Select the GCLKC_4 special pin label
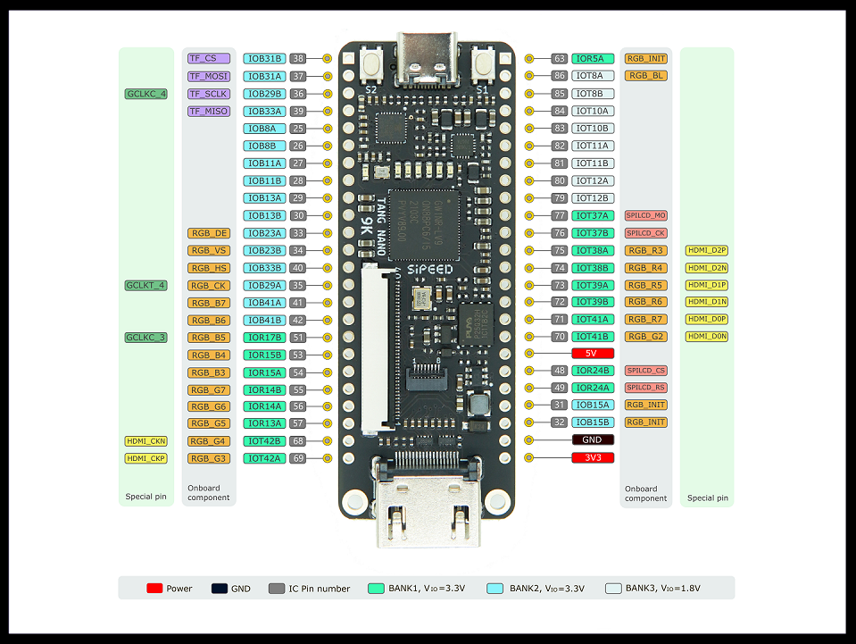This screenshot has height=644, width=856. [x=146, y=94]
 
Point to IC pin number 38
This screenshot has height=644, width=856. [x=298, y=58]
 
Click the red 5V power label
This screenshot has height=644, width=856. [x=591, y=354]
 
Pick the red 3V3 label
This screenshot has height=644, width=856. [x=591, y=457]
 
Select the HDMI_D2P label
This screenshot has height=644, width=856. [x=707, y=250]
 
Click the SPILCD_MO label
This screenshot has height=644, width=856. [x=645, y=216]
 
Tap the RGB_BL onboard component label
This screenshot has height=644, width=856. [x=645, y=76]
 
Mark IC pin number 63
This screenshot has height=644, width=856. [x=560, y=59]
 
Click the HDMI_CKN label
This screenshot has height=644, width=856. [x=146, y=440]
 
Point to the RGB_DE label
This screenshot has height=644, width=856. [x=209, y=233]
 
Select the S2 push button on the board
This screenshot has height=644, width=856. [x=371, y=63]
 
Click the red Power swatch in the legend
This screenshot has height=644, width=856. [x=154, y=589]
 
